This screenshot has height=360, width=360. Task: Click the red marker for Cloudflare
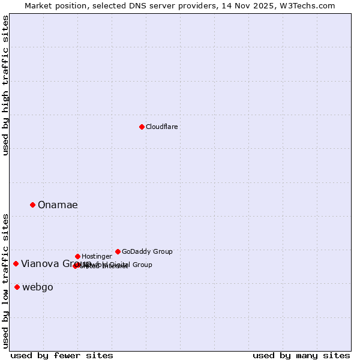[x=142, y=127]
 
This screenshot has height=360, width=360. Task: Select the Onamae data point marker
[x=32, y=205]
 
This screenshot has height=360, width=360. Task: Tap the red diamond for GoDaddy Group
[x=118, y=251]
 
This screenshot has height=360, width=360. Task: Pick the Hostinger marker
[x=77, y=256]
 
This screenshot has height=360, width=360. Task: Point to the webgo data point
[x=17, y=287]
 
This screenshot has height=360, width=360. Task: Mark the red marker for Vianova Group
[x=16, y=263]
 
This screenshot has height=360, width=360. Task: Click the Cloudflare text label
[x=162, y=127]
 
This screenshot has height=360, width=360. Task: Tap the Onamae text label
[x=58, y=205]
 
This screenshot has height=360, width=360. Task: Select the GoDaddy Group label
[x=147, y=251]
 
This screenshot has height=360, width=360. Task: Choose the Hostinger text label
[x=97, y=256]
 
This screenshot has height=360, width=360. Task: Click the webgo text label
[x=38, y=287]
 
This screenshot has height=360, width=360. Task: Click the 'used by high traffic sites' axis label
[x=5, y=85]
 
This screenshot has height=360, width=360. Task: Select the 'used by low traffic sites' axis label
[x=5, y=281]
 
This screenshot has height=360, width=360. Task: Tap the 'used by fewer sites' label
[x=62, y=355]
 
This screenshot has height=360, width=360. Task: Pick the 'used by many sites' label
[x=301, y=355]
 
